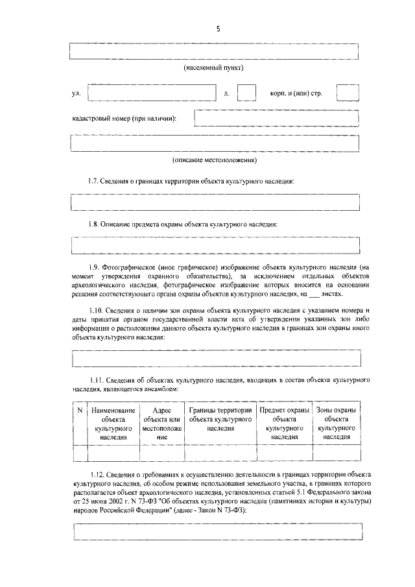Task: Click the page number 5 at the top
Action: (219, 29)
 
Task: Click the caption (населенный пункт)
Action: (214, 67)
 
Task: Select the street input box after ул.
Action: (151, 93)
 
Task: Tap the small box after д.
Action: (246, 93)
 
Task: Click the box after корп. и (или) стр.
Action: (348, 93)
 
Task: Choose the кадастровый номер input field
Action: (277, 118)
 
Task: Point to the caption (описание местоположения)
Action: (215, 160)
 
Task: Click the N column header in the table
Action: (79, 411)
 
